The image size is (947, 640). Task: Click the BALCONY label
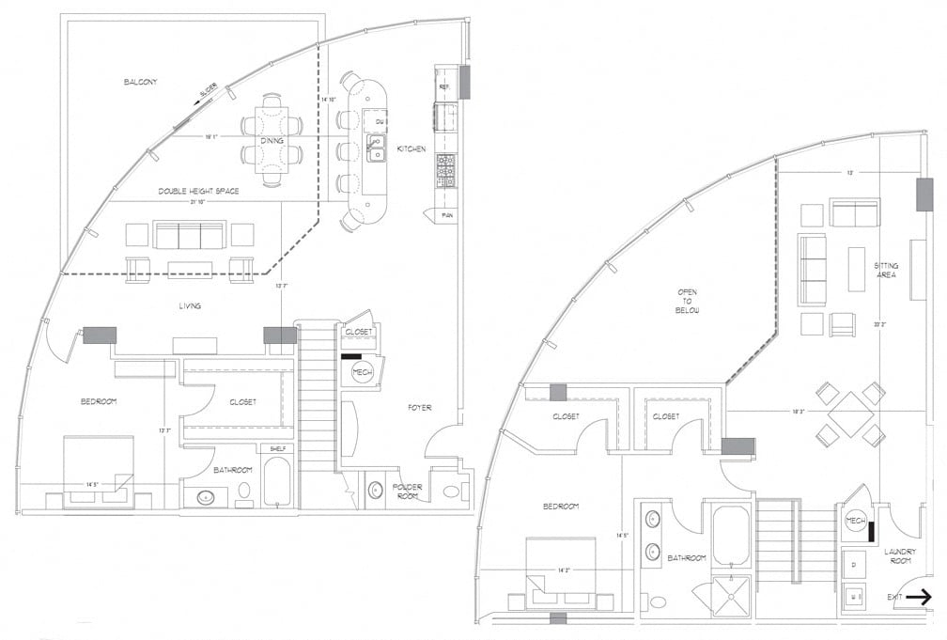pyautogui.click(x=140, y=83)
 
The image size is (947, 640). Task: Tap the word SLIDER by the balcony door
pyautogui.click(x=208, y=91)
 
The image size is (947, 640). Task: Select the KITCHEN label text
pyautogui.click(x=411, y=148)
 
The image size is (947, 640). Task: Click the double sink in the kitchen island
pyautogui.click(x=376, y=148)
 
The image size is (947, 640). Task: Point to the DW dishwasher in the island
pyautogui.click(x=380, y=122)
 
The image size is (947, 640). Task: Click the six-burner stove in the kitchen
pyautogui.click(x=445, y=170)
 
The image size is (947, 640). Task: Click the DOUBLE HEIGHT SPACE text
pyautogui.click(x=198, y=191)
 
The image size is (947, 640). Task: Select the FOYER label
pyautogui.click(x=419, y=407)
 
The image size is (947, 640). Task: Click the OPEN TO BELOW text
pyautogui.click(x=687, y=300)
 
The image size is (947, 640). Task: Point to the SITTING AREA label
pyautogui.click(x=885, y=270)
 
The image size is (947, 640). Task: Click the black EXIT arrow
pyautogui.click(x=919, y=596)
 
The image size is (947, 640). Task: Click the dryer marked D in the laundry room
pyautogui.click(x=853, y=564)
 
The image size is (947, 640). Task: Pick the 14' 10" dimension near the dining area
pyautogui.click(x=328, y=100)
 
